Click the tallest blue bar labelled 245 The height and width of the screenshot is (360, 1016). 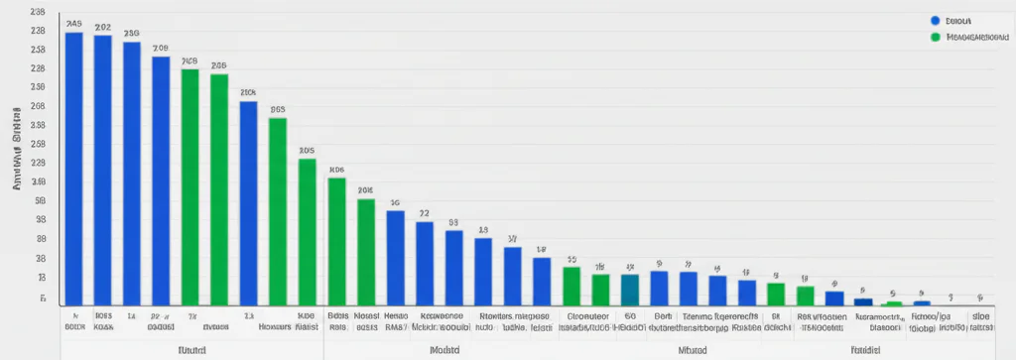[x=73, y=169]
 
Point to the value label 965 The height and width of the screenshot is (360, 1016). [x=278, y=110]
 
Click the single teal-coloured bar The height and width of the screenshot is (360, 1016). [x=629, y=289]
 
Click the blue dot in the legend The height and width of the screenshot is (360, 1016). [x=935, y=20]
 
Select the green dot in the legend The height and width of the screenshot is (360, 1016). [x=935, y=38]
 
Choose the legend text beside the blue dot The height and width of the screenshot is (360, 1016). [x=958, y=20]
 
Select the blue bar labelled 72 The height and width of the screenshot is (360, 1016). [x=424, y=262]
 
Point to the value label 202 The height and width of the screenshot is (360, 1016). [x=102, y=27]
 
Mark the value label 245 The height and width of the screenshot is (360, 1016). [x=73, y=23]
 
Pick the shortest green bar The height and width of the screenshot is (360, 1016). [x=893, y=302]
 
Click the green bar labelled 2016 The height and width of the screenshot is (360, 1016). [x=365, y=251]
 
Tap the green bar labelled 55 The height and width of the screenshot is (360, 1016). [x=571, y=285]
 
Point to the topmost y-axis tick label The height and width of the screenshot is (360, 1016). [x=38, y=12]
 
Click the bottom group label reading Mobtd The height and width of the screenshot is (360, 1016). [x=444, y=349]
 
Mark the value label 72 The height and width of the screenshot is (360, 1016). [x=424, y=213]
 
